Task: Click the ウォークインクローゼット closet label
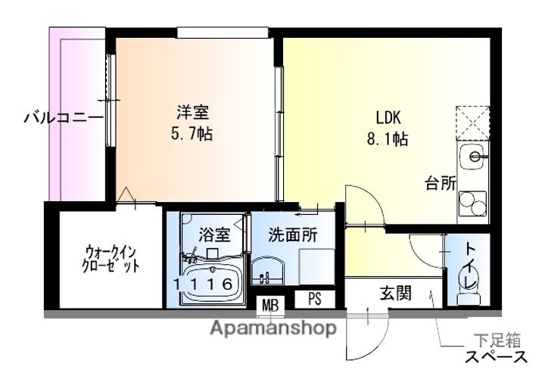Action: (x=111, y=259)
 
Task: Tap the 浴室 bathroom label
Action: (x=213, y=234)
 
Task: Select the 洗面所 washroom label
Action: (x=293, y=234)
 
